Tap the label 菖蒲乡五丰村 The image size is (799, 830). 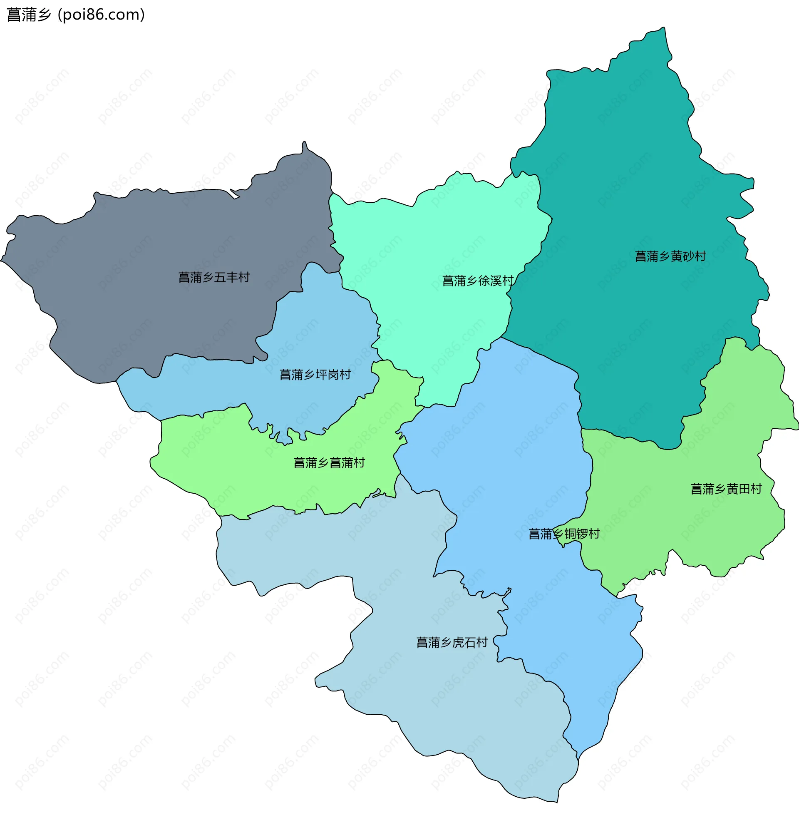pos(214,277)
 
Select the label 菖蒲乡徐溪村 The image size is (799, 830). pos(478,281)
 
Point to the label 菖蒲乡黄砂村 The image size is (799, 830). pos(670,256)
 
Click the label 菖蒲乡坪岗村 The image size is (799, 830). pos(315,374)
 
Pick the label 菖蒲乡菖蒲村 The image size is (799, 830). pos(329,463)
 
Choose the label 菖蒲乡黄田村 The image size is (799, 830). pos(726,489)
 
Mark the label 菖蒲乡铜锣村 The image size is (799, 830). pos(564,534)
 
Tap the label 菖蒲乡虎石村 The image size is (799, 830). pos(452,642)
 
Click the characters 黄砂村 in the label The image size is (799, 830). pos(688,256)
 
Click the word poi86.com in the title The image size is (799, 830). pos(101,15)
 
